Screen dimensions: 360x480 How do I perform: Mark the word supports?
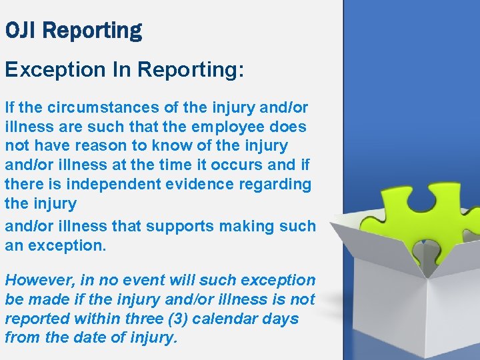coord(173,226)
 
